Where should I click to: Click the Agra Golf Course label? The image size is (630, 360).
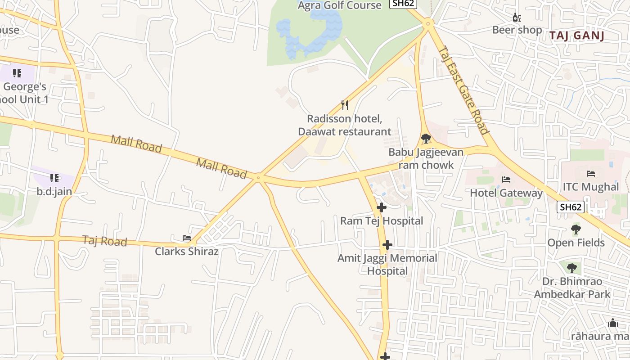coord(340,5)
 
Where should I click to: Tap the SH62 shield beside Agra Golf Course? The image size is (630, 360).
coord(403,4)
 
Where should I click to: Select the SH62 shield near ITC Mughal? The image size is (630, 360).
coord(571,207)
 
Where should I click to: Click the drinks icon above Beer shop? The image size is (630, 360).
coord(517,18)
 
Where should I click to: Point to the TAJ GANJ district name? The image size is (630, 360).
coord(576,36)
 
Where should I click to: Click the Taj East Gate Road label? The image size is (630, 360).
coord(463,90)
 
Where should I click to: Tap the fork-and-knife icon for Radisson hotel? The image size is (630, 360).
coord(345,105)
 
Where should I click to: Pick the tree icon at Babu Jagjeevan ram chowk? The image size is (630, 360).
coord(426,138)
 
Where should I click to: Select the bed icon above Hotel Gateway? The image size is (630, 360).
coord(506,180)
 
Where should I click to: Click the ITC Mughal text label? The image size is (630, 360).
coord(591,187)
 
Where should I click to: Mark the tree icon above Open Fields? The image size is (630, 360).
coord(576,229)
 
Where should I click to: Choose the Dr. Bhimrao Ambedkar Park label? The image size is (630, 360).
coord(572,288)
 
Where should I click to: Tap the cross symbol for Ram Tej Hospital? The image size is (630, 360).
coord(382,207)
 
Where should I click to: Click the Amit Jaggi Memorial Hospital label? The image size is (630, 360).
coord(387,265)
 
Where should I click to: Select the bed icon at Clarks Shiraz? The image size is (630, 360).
coord(186,238)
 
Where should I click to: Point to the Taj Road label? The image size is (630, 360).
coord(104,241)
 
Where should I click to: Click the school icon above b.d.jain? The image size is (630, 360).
coord(54,178)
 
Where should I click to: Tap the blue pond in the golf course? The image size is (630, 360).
coord(310,34)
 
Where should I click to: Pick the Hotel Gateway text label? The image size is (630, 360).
coord(506,193)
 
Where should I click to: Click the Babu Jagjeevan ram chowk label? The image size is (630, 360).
coord(426,158)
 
